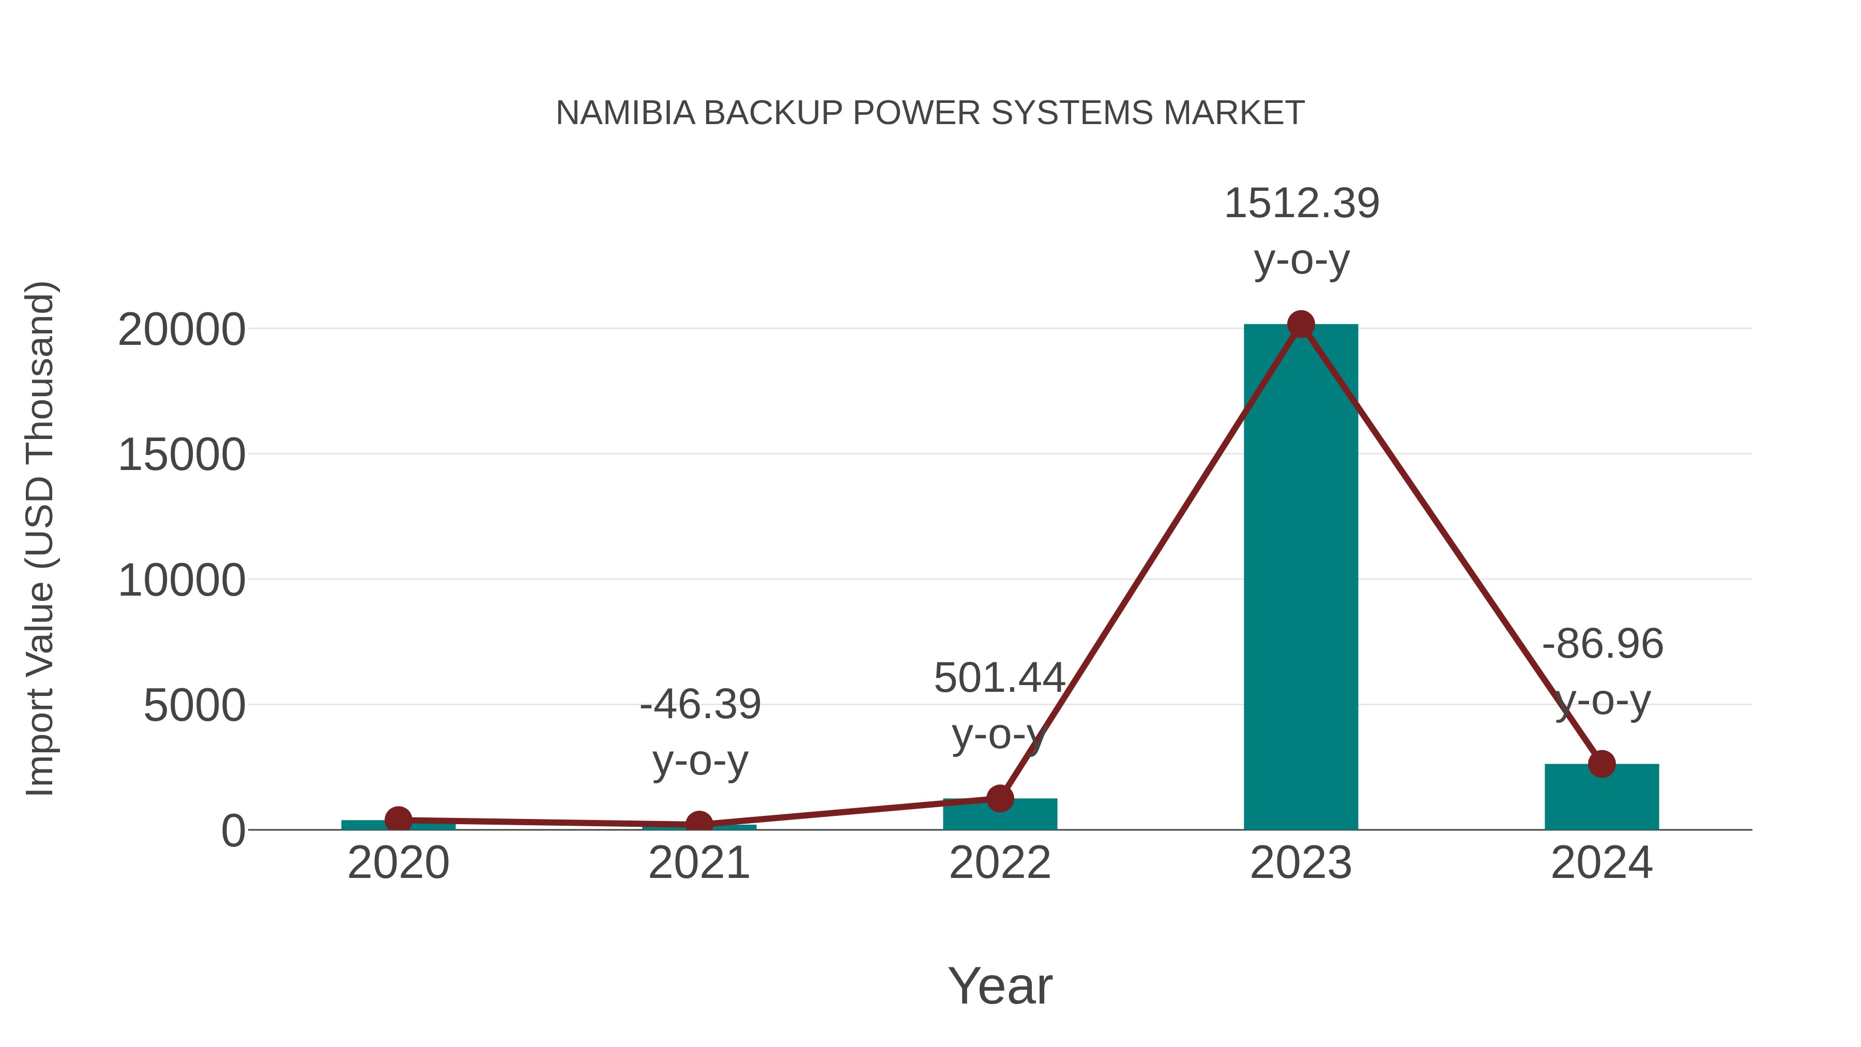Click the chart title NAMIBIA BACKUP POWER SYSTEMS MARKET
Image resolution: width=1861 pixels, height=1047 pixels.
930,113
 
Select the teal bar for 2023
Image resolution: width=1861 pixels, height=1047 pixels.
1301,578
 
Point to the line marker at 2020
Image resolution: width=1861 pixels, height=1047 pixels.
398,820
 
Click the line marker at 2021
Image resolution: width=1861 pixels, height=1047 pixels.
698,824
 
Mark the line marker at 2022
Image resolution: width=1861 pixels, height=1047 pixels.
1000,798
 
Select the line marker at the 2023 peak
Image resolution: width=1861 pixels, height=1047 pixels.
1301,324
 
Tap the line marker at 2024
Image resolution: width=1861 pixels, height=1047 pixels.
1601,764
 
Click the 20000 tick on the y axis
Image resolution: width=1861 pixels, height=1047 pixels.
181,330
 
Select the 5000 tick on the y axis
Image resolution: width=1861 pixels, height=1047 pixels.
194,706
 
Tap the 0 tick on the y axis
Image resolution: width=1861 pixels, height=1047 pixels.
233,831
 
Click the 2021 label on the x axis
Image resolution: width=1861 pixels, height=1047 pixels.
698,863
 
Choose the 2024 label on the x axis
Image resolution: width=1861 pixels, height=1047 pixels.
1601,863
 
